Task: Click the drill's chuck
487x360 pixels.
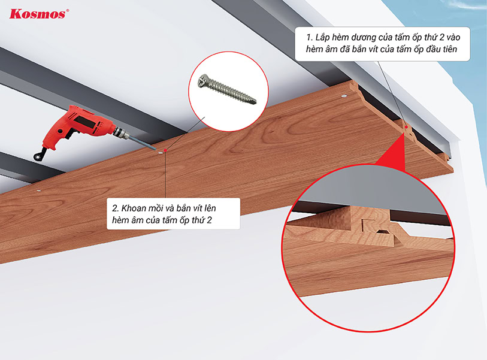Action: point(122,133)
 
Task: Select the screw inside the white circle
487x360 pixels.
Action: point(228,89)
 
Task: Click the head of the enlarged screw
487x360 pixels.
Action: point(204,81)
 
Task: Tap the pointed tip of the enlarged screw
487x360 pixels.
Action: point(254,101)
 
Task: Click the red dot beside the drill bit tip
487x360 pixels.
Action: point(165,150)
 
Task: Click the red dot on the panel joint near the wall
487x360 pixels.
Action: point(406,127)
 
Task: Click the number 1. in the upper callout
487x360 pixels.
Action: point(309,38)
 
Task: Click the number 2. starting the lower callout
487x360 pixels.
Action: point(116,208)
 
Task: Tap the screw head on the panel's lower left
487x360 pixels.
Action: point(38,190)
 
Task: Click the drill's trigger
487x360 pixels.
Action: point(70,134)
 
